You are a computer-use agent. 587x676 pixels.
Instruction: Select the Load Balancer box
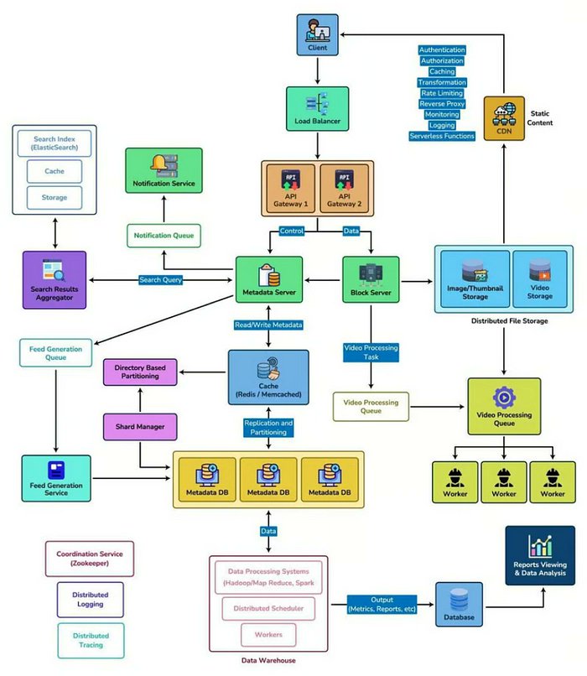coord(317,110)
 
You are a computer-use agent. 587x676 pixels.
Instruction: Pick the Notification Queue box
coord(164,236)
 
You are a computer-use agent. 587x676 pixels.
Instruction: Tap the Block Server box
coord(371,280)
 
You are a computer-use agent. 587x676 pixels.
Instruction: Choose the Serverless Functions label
coord(441,136)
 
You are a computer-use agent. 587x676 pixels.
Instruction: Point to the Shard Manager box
coord(140,426)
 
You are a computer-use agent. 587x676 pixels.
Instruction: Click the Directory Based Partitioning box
coord(140,372)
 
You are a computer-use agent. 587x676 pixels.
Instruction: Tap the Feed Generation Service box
coord(56,478)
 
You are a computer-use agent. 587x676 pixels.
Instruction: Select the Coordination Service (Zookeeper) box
coord(89,559)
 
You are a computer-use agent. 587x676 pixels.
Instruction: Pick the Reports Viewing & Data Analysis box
coord(539,555)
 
